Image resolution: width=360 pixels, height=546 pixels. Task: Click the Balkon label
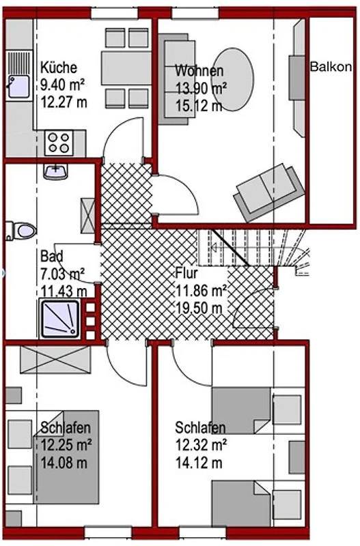pyautogui.click(x=331, y=66)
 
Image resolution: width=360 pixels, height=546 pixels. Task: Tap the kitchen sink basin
pyautogui.click(x=19, y=87)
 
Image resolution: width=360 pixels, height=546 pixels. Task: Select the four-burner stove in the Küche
pyautogui.click(x=59, y=143)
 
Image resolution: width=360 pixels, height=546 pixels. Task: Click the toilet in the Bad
pyautogui.click(x=21, y=231)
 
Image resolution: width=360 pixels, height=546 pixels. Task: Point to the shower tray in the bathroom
pyautogui.click(x=59, y=319)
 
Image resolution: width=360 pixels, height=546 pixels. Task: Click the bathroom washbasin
pyautogui.click(x=55, y=172)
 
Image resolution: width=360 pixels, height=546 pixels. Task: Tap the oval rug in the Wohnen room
pyautogui.click(x=232, y=79)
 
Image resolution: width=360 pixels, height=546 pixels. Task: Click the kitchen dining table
pyautogui.click(x=126, y=68)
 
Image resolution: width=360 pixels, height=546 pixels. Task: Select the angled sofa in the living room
pyautogui.click(x=269, y=192)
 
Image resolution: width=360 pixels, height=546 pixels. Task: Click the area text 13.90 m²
pyautogui.click(x=201, y=88)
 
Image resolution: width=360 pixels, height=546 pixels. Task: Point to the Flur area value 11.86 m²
pyautogui.click(x=201, y=290)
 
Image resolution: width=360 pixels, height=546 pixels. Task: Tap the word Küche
pyautogui.click(x=59, y=67)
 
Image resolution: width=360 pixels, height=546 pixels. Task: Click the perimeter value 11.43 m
pyautogui.click(x=64, y=290)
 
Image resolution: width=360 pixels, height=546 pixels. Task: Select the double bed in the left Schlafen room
pyautogui.click(x=66, y=457)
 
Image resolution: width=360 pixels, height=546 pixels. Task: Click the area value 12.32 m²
pyautogui.click(x=201, y=445)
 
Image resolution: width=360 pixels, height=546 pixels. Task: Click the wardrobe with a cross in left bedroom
pyautogui.click(x=55, y=360)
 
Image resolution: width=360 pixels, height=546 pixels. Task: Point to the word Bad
pyautogui.click(x=52, y=257)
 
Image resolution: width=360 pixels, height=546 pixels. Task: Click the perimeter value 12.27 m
pyautogui.click(x=64, y=103)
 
